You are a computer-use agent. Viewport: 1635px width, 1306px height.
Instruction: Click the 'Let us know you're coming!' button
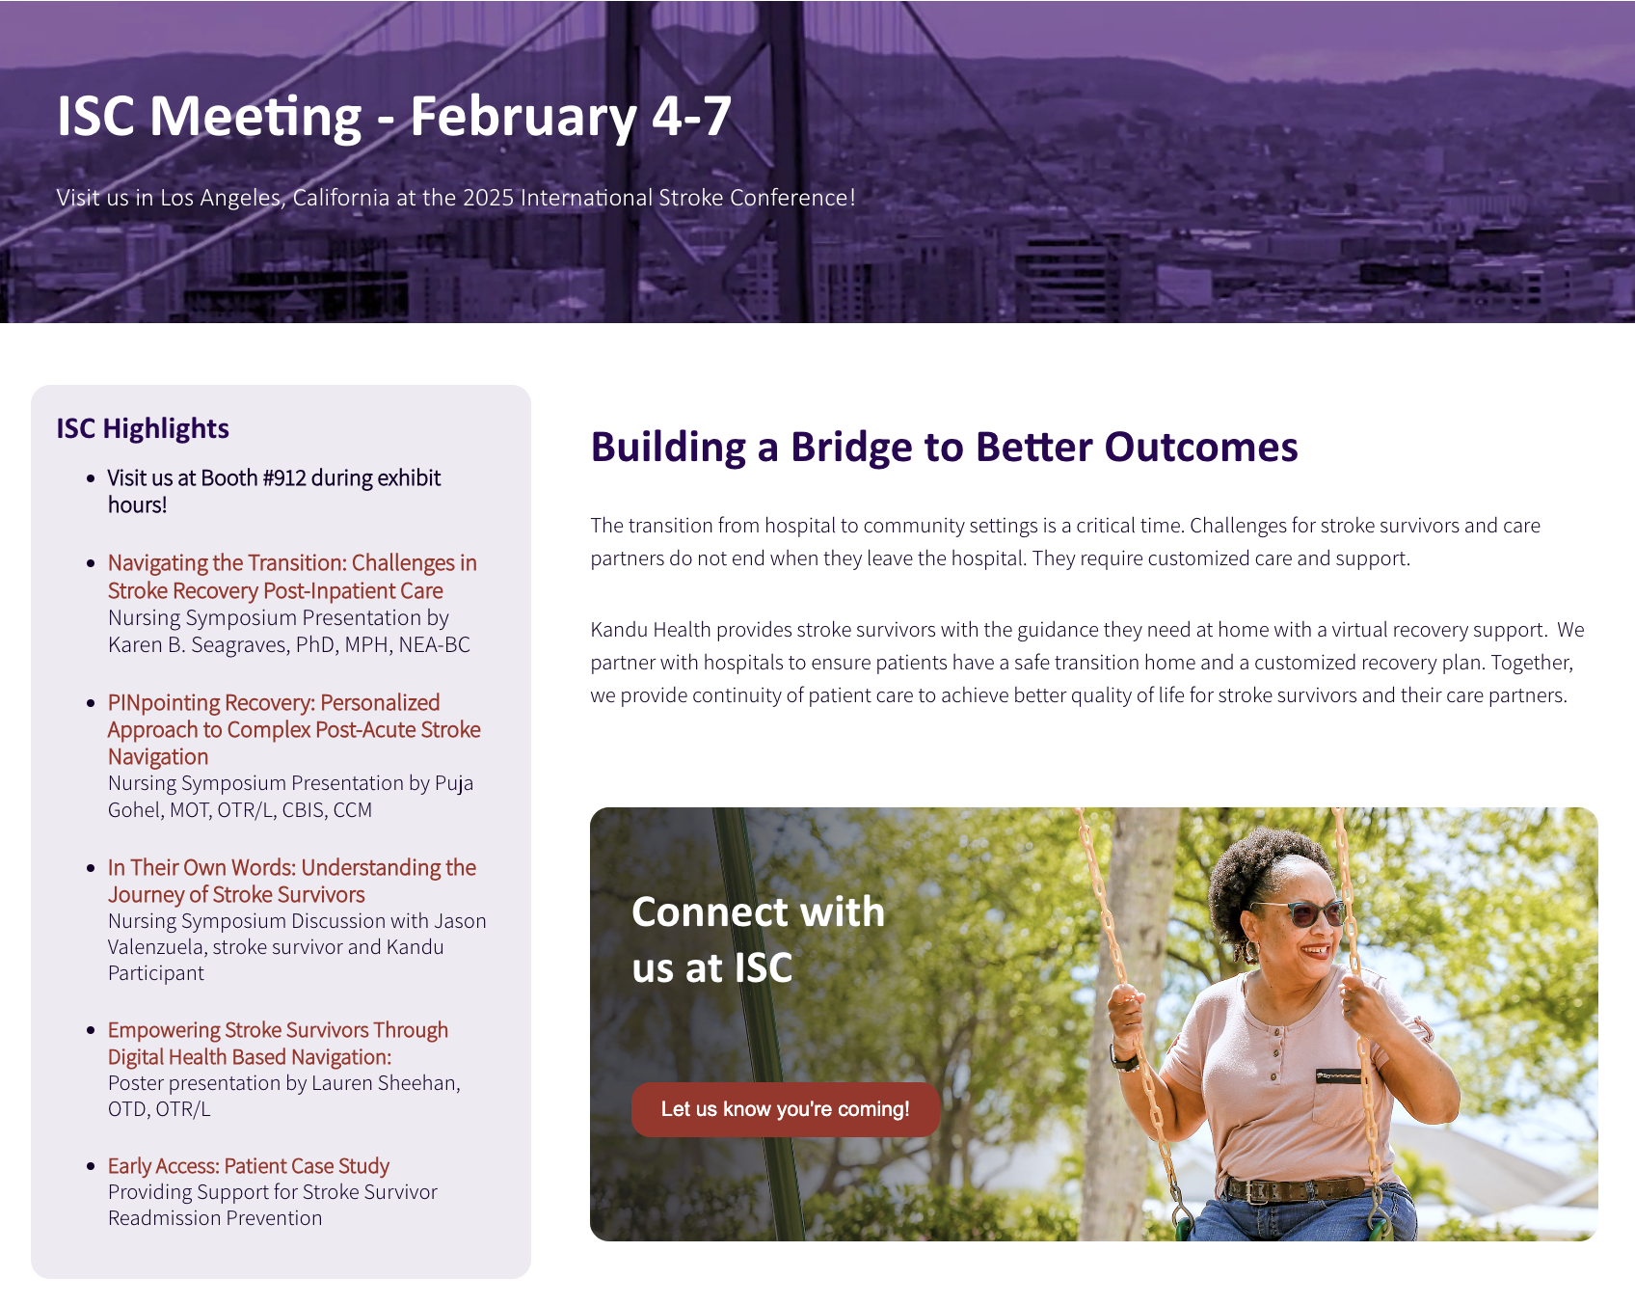786,1109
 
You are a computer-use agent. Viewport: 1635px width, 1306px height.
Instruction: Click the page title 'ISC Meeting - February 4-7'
394,117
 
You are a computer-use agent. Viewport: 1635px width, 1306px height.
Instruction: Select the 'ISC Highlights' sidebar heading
143,428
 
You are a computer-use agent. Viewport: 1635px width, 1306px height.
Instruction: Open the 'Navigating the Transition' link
292,577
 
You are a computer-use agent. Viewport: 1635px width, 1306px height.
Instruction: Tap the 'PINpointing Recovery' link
294,729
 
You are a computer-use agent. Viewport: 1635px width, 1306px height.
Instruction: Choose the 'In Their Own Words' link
292,881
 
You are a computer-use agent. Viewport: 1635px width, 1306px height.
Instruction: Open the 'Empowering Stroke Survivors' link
278,1044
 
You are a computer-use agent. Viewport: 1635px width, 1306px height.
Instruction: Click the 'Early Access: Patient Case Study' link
249,1166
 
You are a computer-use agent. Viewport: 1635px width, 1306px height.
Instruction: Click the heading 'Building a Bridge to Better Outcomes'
944,448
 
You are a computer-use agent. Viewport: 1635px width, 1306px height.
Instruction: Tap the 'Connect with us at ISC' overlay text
758,939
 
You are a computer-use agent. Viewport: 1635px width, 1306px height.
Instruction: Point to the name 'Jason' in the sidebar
460,921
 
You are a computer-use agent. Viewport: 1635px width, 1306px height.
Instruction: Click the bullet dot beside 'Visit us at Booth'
91,478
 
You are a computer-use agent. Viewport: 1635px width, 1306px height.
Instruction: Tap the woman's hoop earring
1252,950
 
